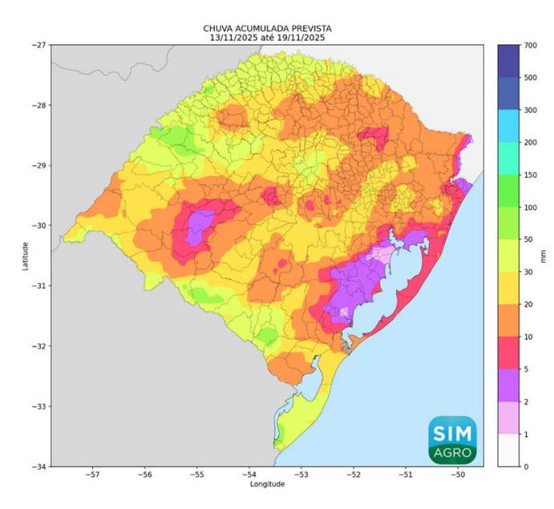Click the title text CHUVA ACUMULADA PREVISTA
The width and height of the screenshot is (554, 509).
coord(268,29)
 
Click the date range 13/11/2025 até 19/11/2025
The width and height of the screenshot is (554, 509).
coord(268,38)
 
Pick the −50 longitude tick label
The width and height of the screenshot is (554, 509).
coord(457,475)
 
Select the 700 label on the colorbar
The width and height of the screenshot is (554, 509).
coord(530,45)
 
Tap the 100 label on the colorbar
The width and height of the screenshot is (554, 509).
coord(530,208)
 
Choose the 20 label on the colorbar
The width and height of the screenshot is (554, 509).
coord(530,305)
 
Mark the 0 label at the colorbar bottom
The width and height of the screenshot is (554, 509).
coord(526,467)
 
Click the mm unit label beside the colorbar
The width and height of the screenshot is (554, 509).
coord(544,256)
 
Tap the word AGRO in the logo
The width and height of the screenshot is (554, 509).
coord(452,454)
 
